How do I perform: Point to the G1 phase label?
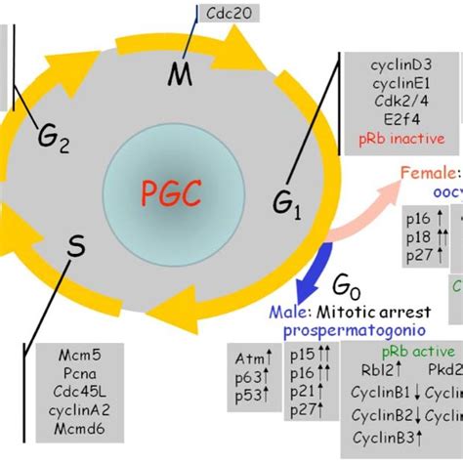tap(287, 203)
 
